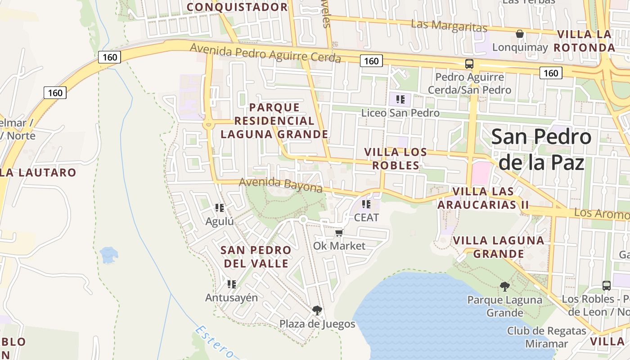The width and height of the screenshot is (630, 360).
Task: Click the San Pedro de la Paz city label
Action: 541,149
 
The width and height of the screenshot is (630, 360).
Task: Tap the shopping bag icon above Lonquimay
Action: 520,34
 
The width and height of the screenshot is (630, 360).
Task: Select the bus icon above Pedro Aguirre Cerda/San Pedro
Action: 469,64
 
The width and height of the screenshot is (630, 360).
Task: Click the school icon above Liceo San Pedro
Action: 400,99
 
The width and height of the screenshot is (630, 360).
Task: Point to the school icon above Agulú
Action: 220,208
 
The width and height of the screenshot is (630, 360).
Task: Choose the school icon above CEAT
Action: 366,204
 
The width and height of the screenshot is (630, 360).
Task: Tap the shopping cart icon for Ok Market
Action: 339,233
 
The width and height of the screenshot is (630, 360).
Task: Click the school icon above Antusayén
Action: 232,284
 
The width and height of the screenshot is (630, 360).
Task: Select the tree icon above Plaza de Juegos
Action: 317,310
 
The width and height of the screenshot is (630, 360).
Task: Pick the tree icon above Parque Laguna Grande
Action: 504,286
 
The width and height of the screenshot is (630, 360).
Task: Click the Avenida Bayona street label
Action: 281,184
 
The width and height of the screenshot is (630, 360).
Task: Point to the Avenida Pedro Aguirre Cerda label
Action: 265,53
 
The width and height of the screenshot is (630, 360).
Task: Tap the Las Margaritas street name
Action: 449,26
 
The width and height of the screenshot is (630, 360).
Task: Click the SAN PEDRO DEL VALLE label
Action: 256,256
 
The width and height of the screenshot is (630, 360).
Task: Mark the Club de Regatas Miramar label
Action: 546,337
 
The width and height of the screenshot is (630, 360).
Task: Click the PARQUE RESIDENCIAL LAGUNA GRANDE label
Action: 274,121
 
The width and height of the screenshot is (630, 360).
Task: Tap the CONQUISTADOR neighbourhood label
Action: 237,7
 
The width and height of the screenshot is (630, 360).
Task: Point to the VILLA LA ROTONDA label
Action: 584,41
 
